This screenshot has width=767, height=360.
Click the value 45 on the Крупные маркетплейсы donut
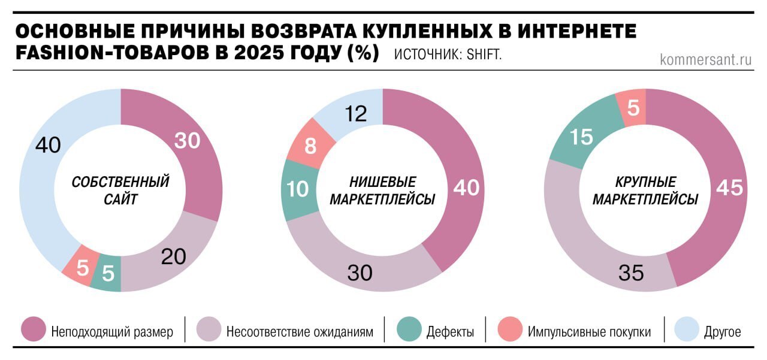[x=729, y=188]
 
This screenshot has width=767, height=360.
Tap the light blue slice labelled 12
[x=357, y=114]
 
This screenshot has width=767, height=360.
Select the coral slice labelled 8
[x=310, y=146]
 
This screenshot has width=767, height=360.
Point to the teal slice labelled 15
[x=581, y=137]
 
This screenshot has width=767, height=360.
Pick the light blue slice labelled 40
[x=48, y=146]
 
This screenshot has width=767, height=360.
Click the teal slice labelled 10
[x=297, y=189]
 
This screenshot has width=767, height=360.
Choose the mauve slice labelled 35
[x=630, y=273]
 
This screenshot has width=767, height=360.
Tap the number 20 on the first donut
[x=174, y=256]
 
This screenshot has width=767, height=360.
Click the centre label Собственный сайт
[x=120, y=190]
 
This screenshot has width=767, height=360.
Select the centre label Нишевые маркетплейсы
[x=382, y=190]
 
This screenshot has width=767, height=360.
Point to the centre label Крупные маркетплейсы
[x=645, y=190]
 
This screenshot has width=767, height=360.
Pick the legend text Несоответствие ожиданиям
[x=300, y=331]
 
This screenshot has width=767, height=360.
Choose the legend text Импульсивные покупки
[x=589, y=331]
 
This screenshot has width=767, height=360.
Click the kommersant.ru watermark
[x=706, y=59]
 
